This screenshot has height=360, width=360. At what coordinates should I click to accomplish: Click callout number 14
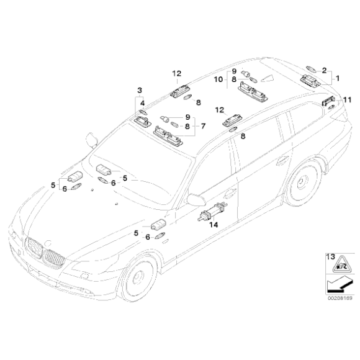(x=214, y=225)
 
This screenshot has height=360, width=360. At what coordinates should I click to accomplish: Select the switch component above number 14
(x=213, y=212)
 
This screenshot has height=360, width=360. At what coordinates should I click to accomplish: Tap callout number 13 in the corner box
(x=331, y=257)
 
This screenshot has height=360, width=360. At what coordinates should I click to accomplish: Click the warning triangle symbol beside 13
(x=340, y=264)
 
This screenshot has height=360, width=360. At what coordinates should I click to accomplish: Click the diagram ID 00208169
(x=340, y=299)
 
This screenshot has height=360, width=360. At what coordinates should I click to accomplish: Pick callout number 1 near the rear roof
(x=338, y=79)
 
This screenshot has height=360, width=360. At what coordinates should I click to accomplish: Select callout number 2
(x=324, y=70)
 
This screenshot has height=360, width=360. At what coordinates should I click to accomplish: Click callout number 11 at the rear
(x=347, y=100)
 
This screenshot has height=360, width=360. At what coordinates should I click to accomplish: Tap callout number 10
(x=218, y=79)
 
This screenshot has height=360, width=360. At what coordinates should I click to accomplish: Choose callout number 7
(x=203, y=126)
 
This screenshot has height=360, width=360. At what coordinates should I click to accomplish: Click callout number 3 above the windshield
(x=140, y=90)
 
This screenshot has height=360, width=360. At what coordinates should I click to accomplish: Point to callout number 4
(x=143, y=103)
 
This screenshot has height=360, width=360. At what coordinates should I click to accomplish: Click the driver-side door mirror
(x=196, y=199)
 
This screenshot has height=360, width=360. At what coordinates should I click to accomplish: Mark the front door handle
(x=230, y=194)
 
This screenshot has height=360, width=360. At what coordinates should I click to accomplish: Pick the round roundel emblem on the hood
(x=48, y=243)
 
